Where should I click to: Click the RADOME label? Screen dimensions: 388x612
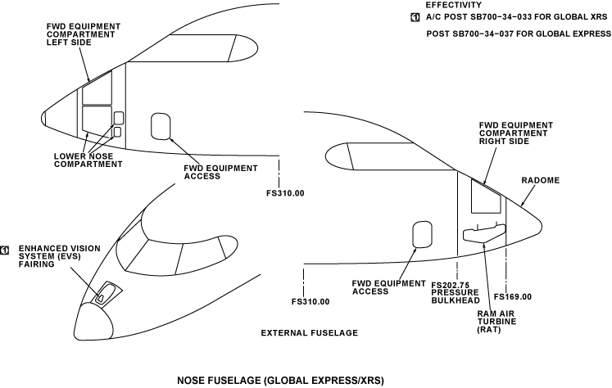pyautogui.click(x=541, y=180)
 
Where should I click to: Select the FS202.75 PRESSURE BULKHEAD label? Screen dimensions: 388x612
pyautogui.click(x=455, y=292)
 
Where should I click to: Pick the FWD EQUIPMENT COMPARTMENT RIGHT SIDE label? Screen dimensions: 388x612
pyautogui.click(x=515, y=133)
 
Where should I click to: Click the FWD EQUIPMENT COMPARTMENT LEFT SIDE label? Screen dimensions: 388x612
pyautogui.click(x=83, y=34)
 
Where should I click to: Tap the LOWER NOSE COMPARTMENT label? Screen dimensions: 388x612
pyautogui.click(x=88, y=160)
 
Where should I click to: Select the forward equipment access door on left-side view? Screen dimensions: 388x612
pyautogui.click(x=161, y=127)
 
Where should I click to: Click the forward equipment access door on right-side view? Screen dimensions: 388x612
pyautogui.click(x=421, y=234)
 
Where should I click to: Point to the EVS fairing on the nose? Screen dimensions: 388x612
pyautogui.click(x=104, y=293)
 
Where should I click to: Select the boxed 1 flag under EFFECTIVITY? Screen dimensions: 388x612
pyautogui.click(x=415, y=16)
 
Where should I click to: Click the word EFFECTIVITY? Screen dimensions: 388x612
pyautogui.click(x=453, y=5)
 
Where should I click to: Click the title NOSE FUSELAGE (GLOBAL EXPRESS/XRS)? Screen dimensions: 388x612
pyautogui.click(x=280, y=381)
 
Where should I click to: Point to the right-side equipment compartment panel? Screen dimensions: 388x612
pyautogui.click(x=485, y=199)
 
